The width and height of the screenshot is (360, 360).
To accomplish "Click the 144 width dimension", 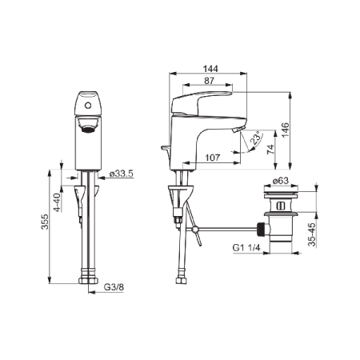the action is click(210, 69).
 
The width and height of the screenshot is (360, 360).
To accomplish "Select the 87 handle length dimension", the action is click(210, 81).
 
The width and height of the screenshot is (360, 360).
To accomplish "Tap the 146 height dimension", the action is click(286, 130).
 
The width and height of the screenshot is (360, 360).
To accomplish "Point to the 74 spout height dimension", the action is click(270, 149).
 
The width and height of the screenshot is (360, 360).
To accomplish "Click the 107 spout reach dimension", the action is click(213, 158).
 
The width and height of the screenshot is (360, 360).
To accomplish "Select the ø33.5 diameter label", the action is click(121, 174).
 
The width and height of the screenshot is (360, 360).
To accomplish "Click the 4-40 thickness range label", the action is click(58, 202).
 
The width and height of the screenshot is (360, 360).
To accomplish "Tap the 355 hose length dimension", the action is click(45, 222).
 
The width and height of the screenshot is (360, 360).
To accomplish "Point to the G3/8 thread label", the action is click(114, 287).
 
